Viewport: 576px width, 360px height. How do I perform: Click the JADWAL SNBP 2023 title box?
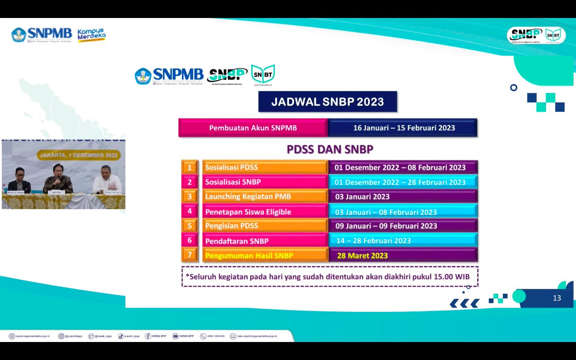tap(328, 102)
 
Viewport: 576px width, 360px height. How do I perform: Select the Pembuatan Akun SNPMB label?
tap(253, 128)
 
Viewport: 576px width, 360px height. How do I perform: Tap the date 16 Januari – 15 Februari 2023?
tap(404, 128)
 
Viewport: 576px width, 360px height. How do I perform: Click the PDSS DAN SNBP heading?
tap(330, 150)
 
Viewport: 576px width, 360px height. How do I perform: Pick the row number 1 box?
tap(190, 167)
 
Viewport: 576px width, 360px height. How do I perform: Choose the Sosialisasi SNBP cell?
tap(264, 182)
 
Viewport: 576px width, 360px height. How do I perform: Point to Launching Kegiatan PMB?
tap(264, 196)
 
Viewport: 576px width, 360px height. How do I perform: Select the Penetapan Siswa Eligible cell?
tap(264, 212)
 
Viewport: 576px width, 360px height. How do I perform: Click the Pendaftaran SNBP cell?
tap(264, 241)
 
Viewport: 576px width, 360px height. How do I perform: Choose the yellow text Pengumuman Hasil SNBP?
tap(249, 256)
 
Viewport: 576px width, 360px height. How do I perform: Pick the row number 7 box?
tap(190, 255)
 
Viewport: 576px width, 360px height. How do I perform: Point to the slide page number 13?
tap(557, 298)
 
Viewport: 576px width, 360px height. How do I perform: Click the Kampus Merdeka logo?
tap(92, 35)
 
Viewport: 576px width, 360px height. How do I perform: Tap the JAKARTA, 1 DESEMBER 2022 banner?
tap(78, 155)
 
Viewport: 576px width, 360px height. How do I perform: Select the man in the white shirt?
tap(107, 180)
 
